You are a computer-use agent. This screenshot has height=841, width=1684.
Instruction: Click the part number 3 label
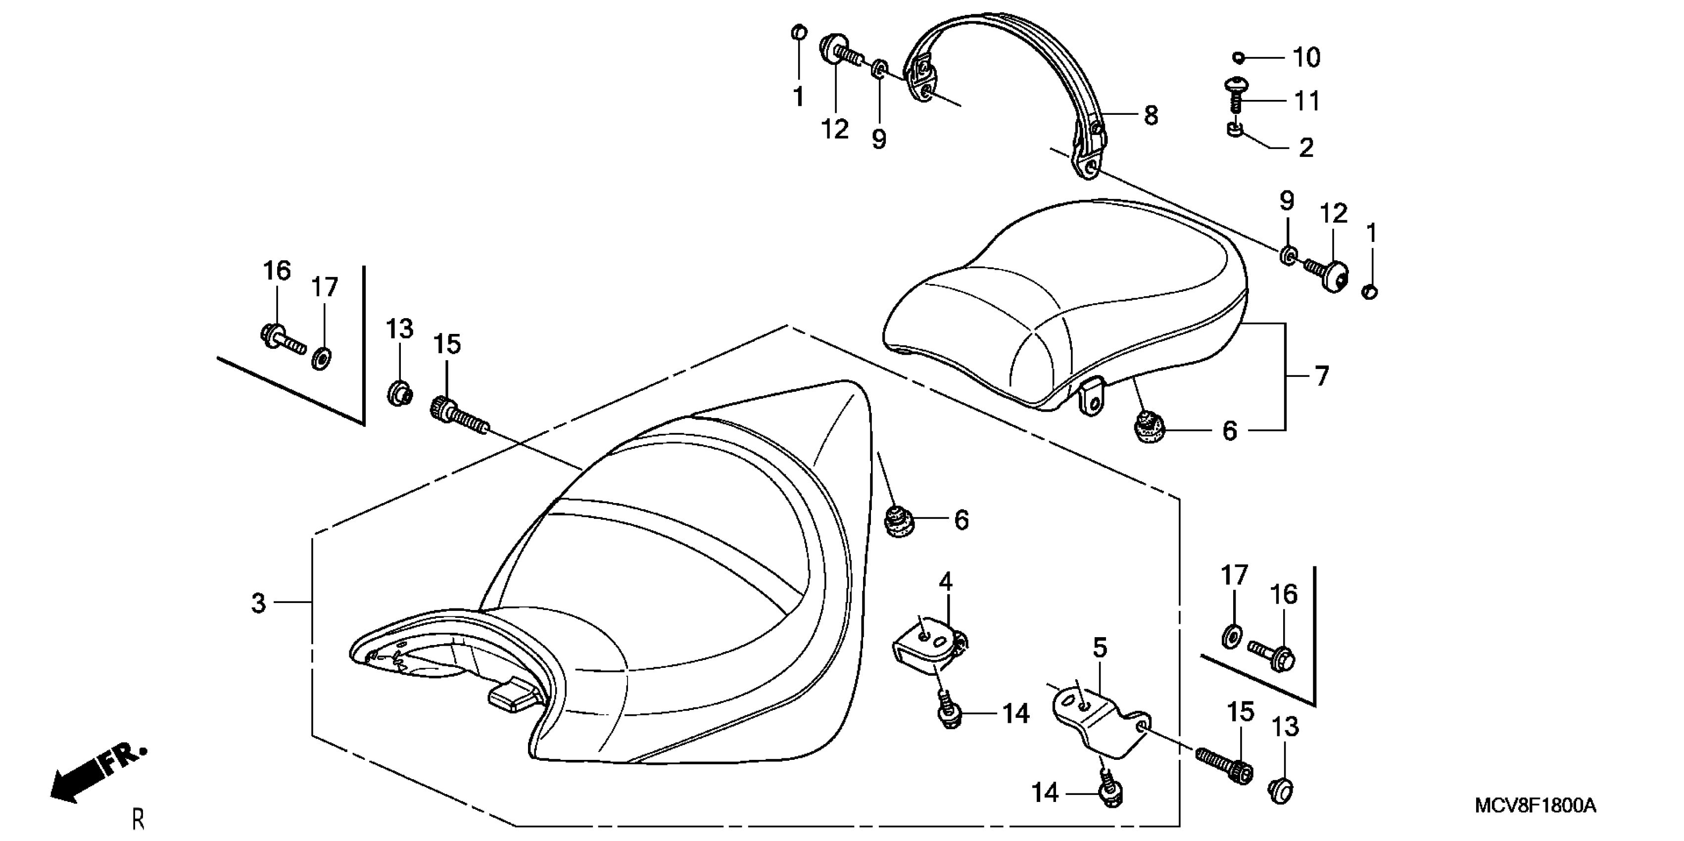(259, 603)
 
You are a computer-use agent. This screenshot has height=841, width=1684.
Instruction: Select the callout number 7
(1322, 376)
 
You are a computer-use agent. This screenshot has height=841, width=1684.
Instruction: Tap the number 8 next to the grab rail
(1151, 116)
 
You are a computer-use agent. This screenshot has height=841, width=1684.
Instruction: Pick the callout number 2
(1305, 148)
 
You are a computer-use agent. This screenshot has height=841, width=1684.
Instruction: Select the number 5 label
(1100, 648)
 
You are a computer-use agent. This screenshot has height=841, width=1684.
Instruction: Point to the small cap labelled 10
(1238, 57)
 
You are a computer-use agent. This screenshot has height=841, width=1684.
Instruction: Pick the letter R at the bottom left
(138, 819)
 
